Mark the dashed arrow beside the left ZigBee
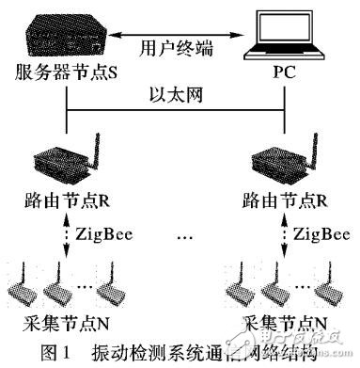[66, 235]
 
